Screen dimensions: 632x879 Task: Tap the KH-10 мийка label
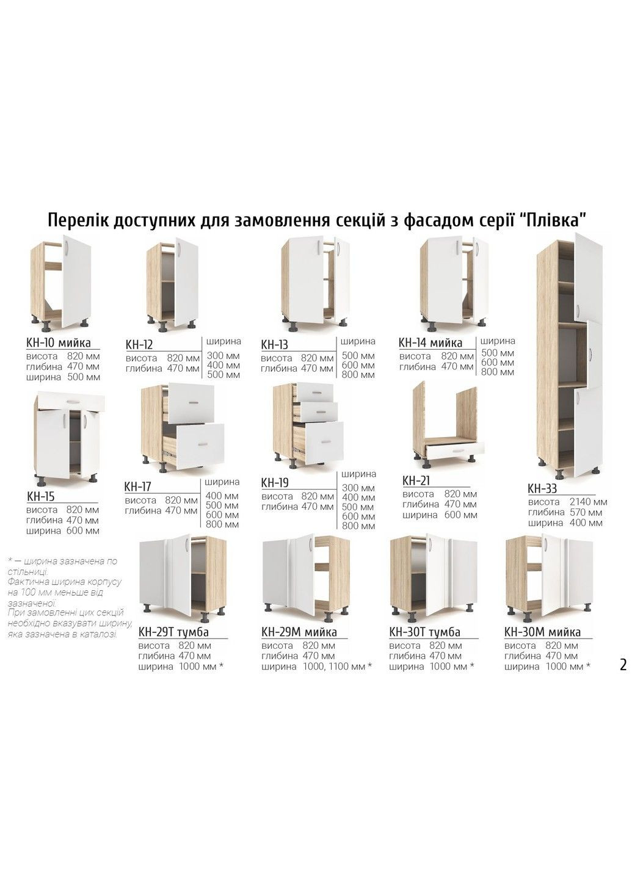(x=59, y=342)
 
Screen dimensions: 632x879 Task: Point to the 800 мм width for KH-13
(x=358, y=374)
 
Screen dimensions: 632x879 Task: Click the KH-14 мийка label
(x=430, y=342)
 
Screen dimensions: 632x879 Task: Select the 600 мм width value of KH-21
(x=460, y=515)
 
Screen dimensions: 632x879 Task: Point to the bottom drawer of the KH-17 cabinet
(x=200, y=443)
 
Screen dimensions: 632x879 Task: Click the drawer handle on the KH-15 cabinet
(x=72, y=400)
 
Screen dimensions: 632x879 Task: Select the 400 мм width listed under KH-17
(x=222, y=496)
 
